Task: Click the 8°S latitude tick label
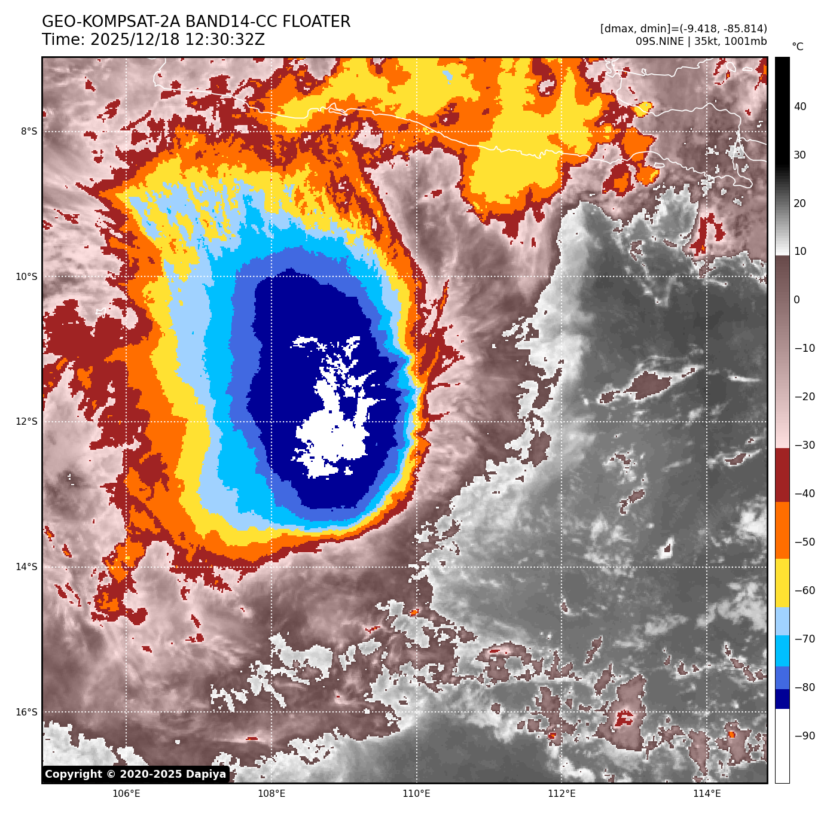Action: point(29,132)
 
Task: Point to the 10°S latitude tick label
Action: point(26,276)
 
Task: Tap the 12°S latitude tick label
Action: point(26,422)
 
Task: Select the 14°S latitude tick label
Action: point(26,567)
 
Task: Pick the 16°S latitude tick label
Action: point(26,712)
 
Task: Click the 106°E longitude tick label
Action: point(126,794)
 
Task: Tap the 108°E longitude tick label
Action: point(271,794)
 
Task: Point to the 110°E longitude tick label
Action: point(416,794)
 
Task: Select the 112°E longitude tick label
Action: point(562,794)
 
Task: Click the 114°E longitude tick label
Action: point(707,794)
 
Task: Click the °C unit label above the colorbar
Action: point(798,47)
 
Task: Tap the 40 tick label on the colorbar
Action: point(800,106)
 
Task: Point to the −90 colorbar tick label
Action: point(804,736)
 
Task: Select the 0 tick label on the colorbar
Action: point(797,300)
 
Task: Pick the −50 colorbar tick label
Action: point(804,542)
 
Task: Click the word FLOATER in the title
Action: point(316,22)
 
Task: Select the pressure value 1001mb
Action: point(745,41)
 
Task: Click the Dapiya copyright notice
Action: point(136,774)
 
